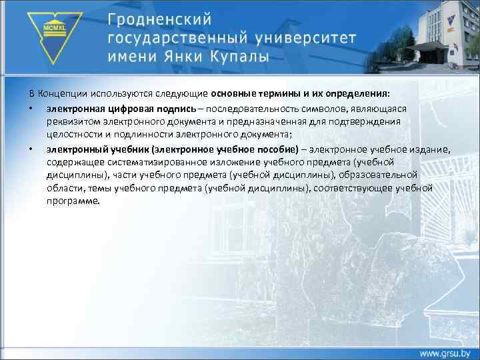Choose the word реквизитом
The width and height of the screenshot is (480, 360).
click(71, 121)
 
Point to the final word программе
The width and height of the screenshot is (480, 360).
click(73, 201)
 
